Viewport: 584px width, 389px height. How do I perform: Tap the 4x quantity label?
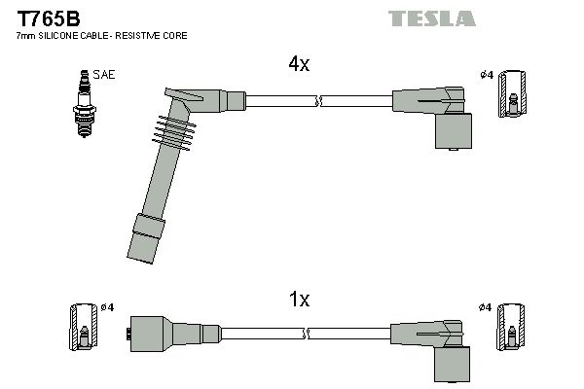298,65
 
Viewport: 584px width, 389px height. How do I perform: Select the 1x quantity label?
298,300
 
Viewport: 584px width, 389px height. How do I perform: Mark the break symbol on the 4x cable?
317,100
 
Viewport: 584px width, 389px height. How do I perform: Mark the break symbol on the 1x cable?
307,334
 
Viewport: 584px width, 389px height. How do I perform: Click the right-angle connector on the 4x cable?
438,114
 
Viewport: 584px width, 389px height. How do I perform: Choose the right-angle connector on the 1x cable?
438,345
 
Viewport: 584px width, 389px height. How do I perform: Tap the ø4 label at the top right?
486,75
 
